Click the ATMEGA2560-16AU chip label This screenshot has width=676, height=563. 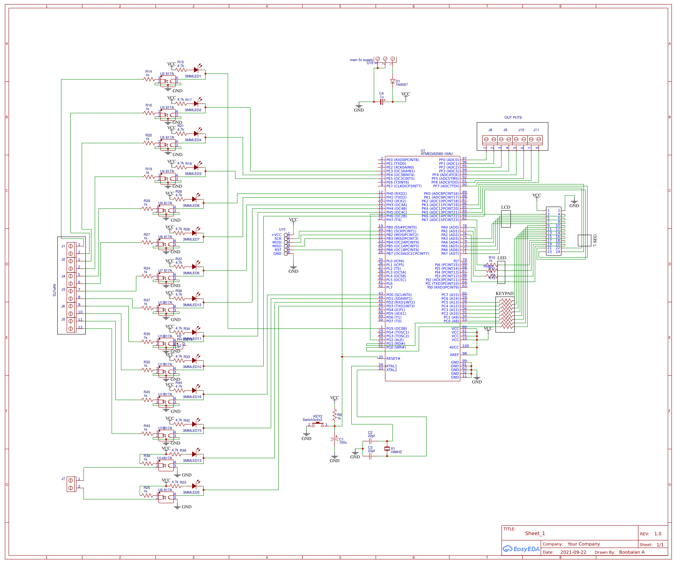(x=436, y=154)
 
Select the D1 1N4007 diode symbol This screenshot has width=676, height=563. (x=392, y=81)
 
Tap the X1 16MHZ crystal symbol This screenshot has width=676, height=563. (x=387, y=449)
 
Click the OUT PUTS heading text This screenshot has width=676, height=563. (x=513, y=118)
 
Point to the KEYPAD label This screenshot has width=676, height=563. (x=504, y=293)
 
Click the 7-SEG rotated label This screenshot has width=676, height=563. (x=595, y=240)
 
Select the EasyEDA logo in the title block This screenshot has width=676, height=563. (x=521, y=549)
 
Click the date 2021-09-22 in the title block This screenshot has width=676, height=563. (x=573, y=552)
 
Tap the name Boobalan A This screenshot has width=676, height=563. (x=632, y=552)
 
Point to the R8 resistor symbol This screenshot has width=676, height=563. (x=334, y=415)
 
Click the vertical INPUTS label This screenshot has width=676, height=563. (x=54, y=290)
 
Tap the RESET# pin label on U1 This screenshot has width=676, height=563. (x=393, y=359)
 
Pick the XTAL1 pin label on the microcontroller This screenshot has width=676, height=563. (x=391, y=366)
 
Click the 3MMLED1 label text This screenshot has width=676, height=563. (x=193, y=76)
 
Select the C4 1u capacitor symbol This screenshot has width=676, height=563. (x=382, y=102)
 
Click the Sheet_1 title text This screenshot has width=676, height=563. (x=535, y=533)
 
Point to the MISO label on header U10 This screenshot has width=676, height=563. (x=277, y=246)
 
